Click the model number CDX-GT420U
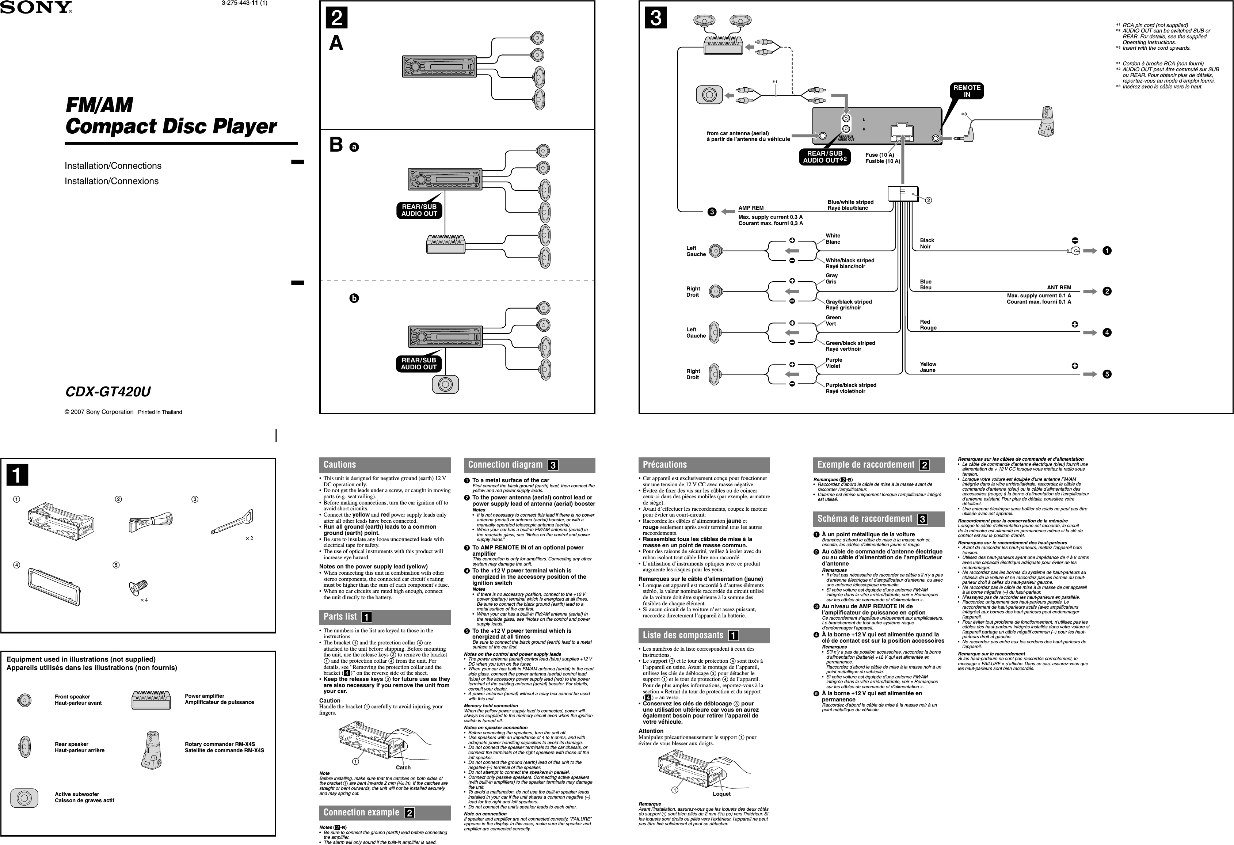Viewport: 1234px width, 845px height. (x=108, y=392)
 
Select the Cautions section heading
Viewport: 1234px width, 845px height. (x=340, y=465)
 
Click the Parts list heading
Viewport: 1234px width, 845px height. (x=340, y=617)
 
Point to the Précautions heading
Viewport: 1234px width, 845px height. (x=665, y=465)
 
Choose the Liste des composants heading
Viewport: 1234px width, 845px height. (x=683, y=635)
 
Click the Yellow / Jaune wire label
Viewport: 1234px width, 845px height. (x=928, y=367)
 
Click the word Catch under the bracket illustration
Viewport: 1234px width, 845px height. (x=403, y=768)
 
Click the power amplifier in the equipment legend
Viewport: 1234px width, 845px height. (x=151, y=700)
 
